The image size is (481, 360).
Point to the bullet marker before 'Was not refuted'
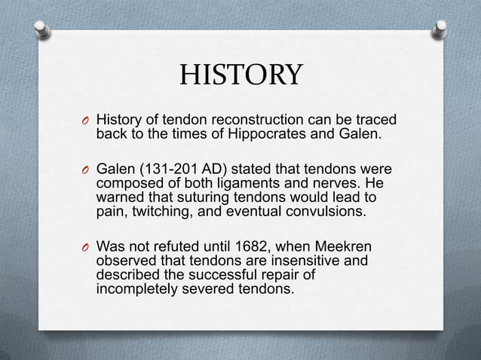[87, 246]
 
